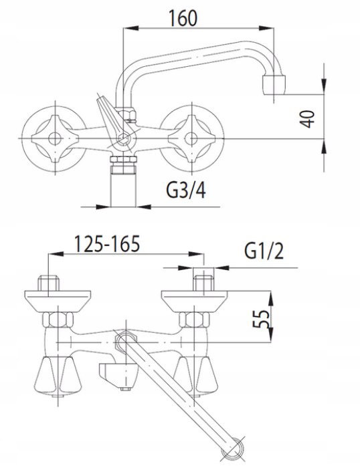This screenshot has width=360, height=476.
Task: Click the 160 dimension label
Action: click(183, 18)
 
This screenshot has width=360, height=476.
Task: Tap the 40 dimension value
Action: click(307, 119)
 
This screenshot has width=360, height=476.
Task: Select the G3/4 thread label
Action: click(186, 191)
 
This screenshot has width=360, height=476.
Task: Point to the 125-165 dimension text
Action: click(107, 244)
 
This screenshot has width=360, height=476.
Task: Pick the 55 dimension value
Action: click(261, 318)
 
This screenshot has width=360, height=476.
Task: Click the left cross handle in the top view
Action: click(54, 138)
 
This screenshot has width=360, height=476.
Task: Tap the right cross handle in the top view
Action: click(191, 138)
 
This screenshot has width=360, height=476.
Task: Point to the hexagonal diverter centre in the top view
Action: click(124, 139)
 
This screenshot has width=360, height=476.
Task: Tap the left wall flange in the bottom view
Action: click(58, 301)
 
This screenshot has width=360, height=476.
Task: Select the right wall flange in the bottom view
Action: click(195, 301)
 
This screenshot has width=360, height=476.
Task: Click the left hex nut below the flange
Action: click(58, 320)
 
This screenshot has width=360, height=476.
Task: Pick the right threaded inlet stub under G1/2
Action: click(204, 283)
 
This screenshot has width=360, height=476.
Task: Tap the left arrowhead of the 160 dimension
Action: click(131, 28)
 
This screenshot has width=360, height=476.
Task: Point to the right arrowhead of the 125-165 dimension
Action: click(196, 254)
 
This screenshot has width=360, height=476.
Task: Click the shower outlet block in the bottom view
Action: click(118, 374)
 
